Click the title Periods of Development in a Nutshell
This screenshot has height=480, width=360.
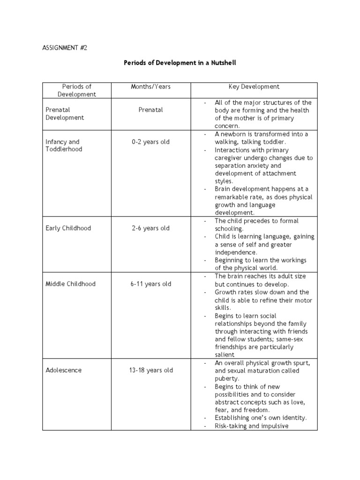click(x=180, y=62)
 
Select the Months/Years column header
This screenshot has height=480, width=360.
click(x=150, y=87)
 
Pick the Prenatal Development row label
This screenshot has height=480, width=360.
click(x=64, y=114)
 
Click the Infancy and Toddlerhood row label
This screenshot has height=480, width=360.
click(x=63, y=145)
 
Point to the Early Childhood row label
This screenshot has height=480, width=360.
click(x=68, y=228)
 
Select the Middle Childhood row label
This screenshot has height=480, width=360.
click(x=70, y=284)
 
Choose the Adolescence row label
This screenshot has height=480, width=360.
click(x=63, y=370)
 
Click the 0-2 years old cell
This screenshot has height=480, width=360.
click(x=150, y=142)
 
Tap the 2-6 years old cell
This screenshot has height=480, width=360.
click(x=150, y=228)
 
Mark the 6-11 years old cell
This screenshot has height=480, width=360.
click(x=150, y=284)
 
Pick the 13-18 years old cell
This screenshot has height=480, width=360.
click(x=150, y=370)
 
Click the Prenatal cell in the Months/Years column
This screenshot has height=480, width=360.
click(x=150, y=110)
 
